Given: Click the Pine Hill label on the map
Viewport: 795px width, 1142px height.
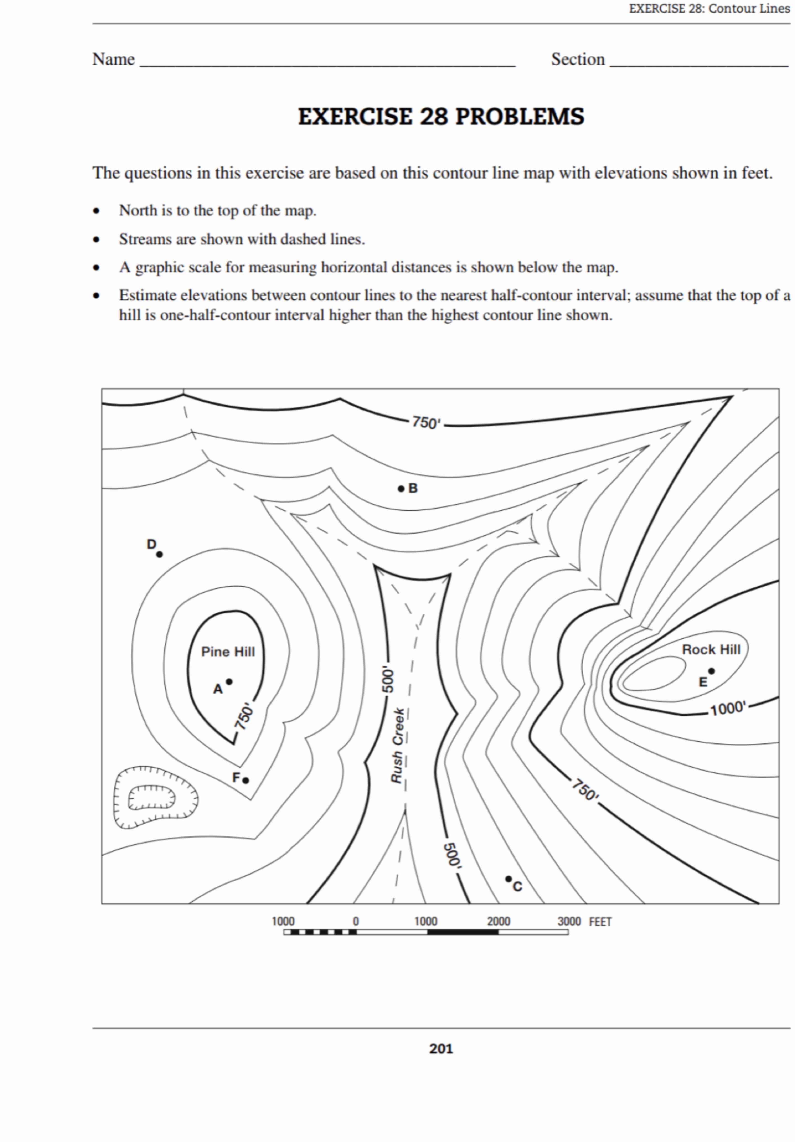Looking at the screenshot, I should (228, 651).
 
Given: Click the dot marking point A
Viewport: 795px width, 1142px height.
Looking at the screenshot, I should (229, 681).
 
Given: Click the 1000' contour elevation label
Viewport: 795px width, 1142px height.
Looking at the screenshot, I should (728, 708).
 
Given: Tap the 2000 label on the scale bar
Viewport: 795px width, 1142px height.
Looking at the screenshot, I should (498, 921).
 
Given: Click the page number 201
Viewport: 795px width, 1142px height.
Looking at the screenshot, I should (441, 1049).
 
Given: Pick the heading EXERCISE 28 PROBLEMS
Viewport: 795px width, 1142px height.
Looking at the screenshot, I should (441, 116).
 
